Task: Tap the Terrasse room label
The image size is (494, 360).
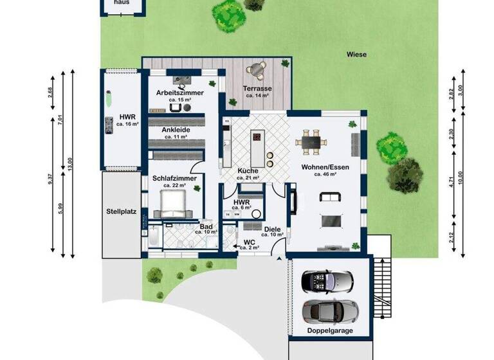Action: pyautogui.click(x=256, y=88)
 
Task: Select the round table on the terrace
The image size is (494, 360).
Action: pyautogui.click(x=259, y=67)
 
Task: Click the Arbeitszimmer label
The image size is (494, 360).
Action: pyautogui.click(x=179, y=93)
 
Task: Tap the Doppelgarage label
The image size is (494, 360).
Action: pyautogui.click(x=329, y=330)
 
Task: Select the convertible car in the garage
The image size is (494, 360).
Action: pyautogui.click(x=329, y=282)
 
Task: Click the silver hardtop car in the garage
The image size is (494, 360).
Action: pyautogui.click(x=329, y=311)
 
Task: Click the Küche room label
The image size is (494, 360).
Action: pyautogui.click(x=248, y=170)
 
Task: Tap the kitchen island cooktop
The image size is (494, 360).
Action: pyautogui.click(x=257, y=138)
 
